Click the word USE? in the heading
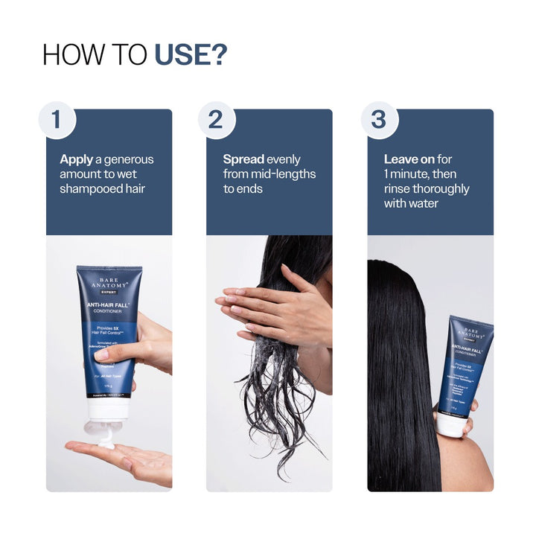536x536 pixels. click(191, 54)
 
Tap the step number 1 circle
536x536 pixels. click(57, 119)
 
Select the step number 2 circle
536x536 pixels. click(217, 119)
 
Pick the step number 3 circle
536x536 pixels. click(379, 119)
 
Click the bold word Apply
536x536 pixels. click(76, 159)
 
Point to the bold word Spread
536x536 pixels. click(243, 159)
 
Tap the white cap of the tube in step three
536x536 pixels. click(450, 425)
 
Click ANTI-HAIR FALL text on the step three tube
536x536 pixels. click(469, 348)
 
